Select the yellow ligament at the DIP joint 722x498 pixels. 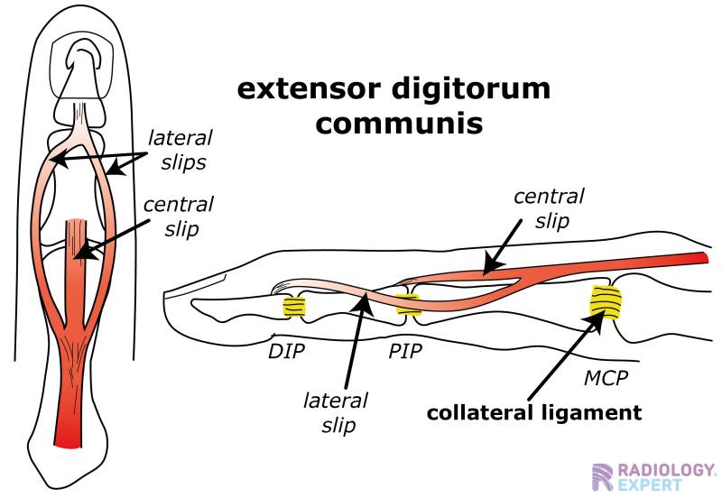294,307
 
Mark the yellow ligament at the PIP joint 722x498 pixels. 408,304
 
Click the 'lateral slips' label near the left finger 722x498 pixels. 180,149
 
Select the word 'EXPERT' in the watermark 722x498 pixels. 652,486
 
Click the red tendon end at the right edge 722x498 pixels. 705,260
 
